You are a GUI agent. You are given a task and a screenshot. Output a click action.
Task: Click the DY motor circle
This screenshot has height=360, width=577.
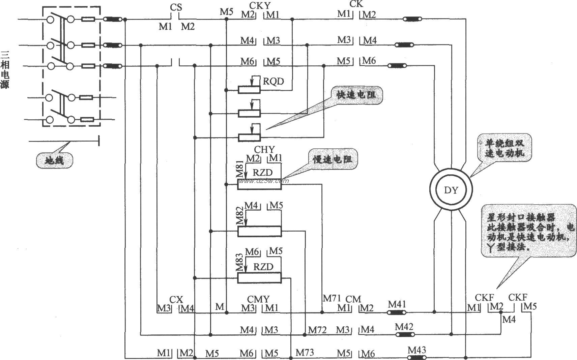pos(451,190)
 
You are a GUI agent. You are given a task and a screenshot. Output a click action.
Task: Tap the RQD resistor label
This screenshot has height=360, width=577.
pos(273,81)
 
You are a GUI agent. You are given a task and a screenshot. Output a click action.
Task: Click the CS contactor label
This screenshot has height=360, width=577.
pos(176,7)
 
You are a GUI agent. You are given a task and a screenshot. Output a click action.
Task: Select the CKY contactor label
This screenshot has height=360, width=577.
pos(260,5)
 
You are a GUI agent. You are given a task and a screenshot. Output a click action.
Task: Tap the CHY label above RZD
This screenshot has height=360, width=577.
pos(264,149)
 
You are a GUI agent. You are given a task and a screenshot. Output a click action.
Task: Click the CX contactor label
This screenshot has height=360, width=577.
pos(176,300)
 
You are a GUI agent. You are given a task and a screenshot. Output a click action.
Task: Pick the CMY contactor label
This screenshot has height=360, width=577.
pos(258,299)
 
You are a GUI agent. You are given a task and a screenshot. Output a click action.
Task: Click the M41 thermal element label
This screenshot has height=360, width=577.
pos(397,304)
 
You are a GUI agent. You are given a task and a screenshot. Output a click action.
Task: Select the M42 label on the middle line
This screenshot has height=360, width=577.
pos(404,326)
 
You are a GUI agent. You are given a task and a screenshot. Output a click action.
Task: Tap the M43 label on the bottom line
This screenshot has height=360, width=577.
pos(416,350)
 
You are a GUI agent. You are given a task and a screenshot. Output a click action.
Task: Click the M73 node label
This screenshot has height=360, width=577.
pos(305,353)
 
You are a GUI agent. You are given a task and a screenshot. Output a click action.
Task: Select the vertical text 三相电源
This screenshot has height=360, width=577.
pos(5,69)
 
